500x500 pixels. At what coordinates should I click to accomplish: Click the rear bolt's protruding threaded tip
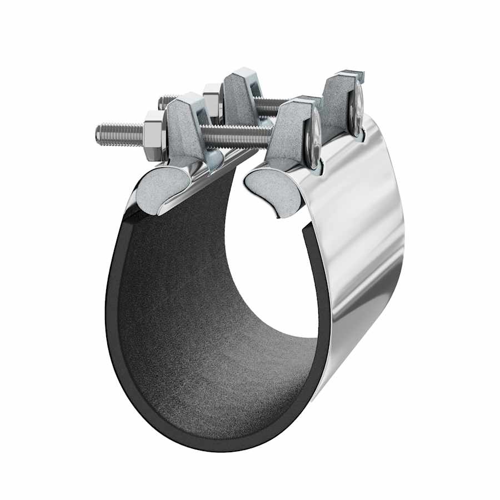pyautogui.click(x=167, y=102)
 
